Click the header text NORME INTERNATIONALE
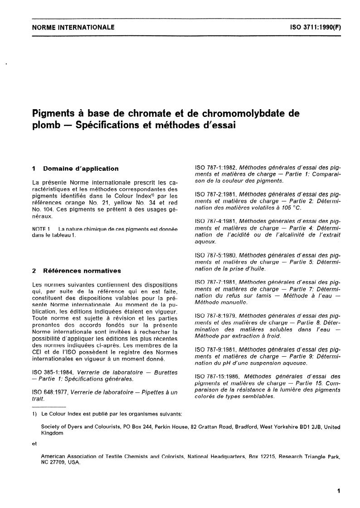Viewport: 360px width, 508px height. pyautogui.click(x=73, y=27)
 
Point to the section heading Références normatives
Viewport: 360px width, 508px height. pyautogui.click(x=82, y=271)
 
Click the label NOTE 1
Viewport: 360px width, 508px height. pyautogui.click(x=43, y=229)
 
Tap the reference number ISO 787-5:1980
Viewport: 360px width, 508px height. pyautogui.click(x=215, y=256)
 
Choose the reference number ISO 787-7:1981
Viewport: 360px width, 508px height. pyautogui.click(x=215, y=282)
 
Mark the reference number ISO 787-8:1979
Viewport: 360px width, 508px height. pyautogui.click(x=215, y=315)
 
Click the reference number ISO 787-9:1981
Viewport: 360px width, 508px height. pyautogui.click(x=215, y=349)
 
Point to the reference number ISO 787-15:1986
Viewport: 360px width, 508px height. pyautogui.click(x=217, y=376)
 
